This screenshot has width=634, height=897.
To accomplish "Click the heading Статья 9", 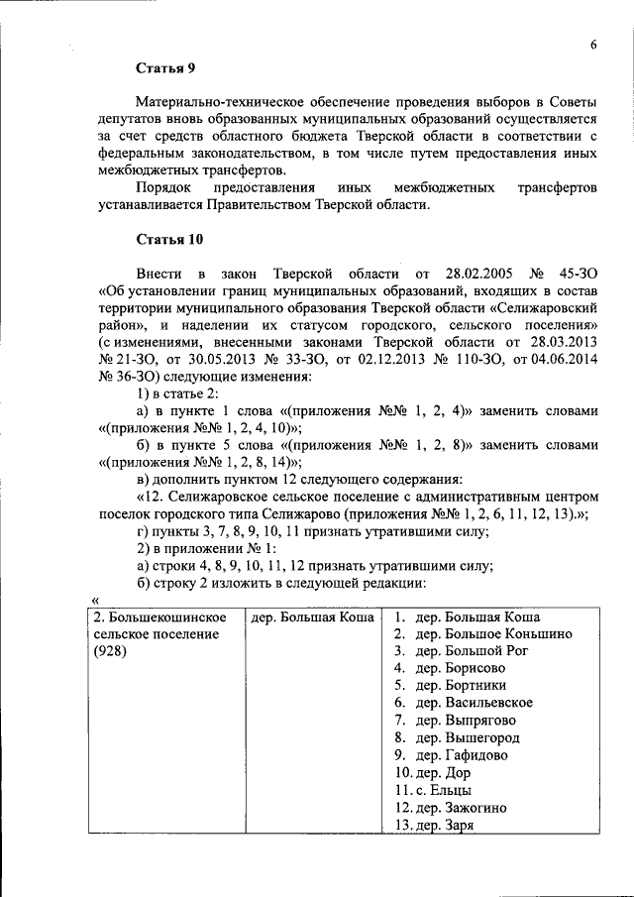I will (165, 68).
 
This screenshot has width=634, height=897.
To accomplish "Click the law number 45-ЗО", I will (578, 273).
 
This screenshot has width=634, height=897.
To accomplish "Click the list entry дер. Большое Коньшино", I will (493, 634).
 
